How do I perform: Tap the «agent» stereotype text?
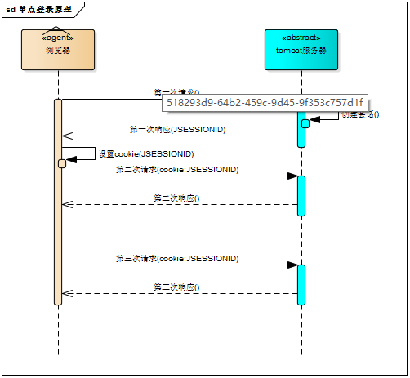(x=58, y=38)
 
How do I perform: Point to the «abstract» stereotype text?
(x=301, y=38)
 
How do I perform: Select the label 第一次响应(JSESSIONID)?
(x=178, y=130)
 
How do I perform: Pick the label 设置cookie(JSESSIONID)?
(x=145, y=153)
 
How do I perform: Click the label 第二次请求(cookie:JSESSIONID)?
(x=177, y=170)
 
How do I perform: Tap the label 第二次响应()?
(x=177, y=198)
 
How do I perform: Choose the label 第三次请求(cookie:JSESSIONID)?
(x=177, y=258)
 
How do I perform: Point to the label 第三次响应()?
(x=177, y=287)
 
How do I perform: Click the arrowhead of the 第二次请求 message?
(x=292, y=176)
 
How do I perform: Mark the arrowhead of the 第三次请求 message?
(x=292, y=265)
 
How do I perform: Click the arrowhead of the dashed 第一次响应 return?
(x=65, y=136)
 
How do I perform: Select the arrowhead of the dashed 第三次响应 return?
(x=65, y=294)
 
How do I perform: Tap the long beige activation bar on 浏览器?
(x=58, y=229)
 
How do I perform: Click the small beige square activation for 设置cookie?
(x=62, y=163)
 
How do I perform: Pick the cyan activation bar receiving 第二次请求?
(x=301, y=195)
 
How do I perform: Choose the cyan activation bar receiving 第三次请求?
(x=301, y=283)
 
